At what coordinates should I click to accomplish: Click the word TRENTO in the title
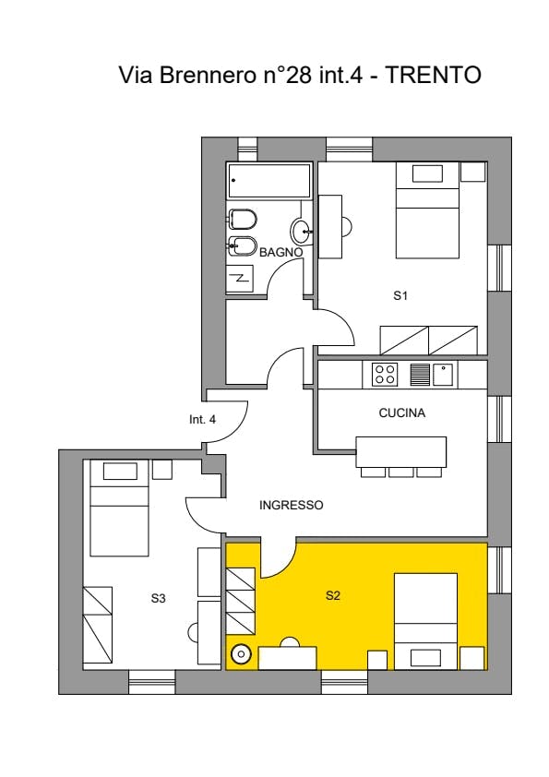pyautogui.click(x=433, y=75)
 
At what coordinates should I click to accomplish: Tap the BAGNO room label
pyautogui.click(x=280, y=252)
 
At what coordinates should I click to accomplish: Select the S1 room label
pyautogui.click(x=400, y=296)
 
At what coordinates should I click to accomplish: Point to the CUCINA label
pyautogui.click(x=402, y=412)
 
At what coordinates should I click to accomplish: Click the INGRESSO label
pyautogui.click(x=292, y=505)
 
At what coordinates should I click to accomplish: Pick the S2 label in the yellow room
pyautogui.click(x=333, y=595)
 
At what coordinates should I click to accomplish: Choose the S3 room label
pyautogui.click(x=158, y=598)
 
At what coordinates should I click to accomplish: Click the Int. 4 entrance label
pyautogui.click(x=202, y=419)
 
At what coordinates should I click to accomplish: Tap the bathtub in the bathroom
pyautogui.click(x=269, y=182)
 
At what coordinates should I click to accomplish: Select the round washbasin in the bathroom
pyautogui.click(x=301, y=231)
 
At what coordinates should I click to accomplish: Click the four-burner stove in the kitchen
pyautogui.click(x=386, y=374)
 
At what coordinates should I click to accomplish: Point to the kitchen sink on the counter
pyautogui.click(x=443, y=374)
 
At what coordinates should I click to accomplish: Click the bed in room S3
pyautogui.click(x=119, y=508)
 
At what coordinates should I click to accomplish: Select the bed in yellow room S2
pyautogui.click(x=425, y=621)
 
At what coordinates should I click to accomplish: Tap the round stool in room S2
pyautogui.click(x=242, y=655)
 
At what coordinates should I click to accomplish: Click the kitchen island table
pyautogui.click(x=400, y=451)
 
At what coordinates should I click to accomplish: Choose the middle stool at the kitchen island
pyautogui.click(x=401, y=472)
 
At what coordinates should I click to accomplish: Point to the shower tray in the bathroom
pyautogui.click(x=240, y=279)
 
